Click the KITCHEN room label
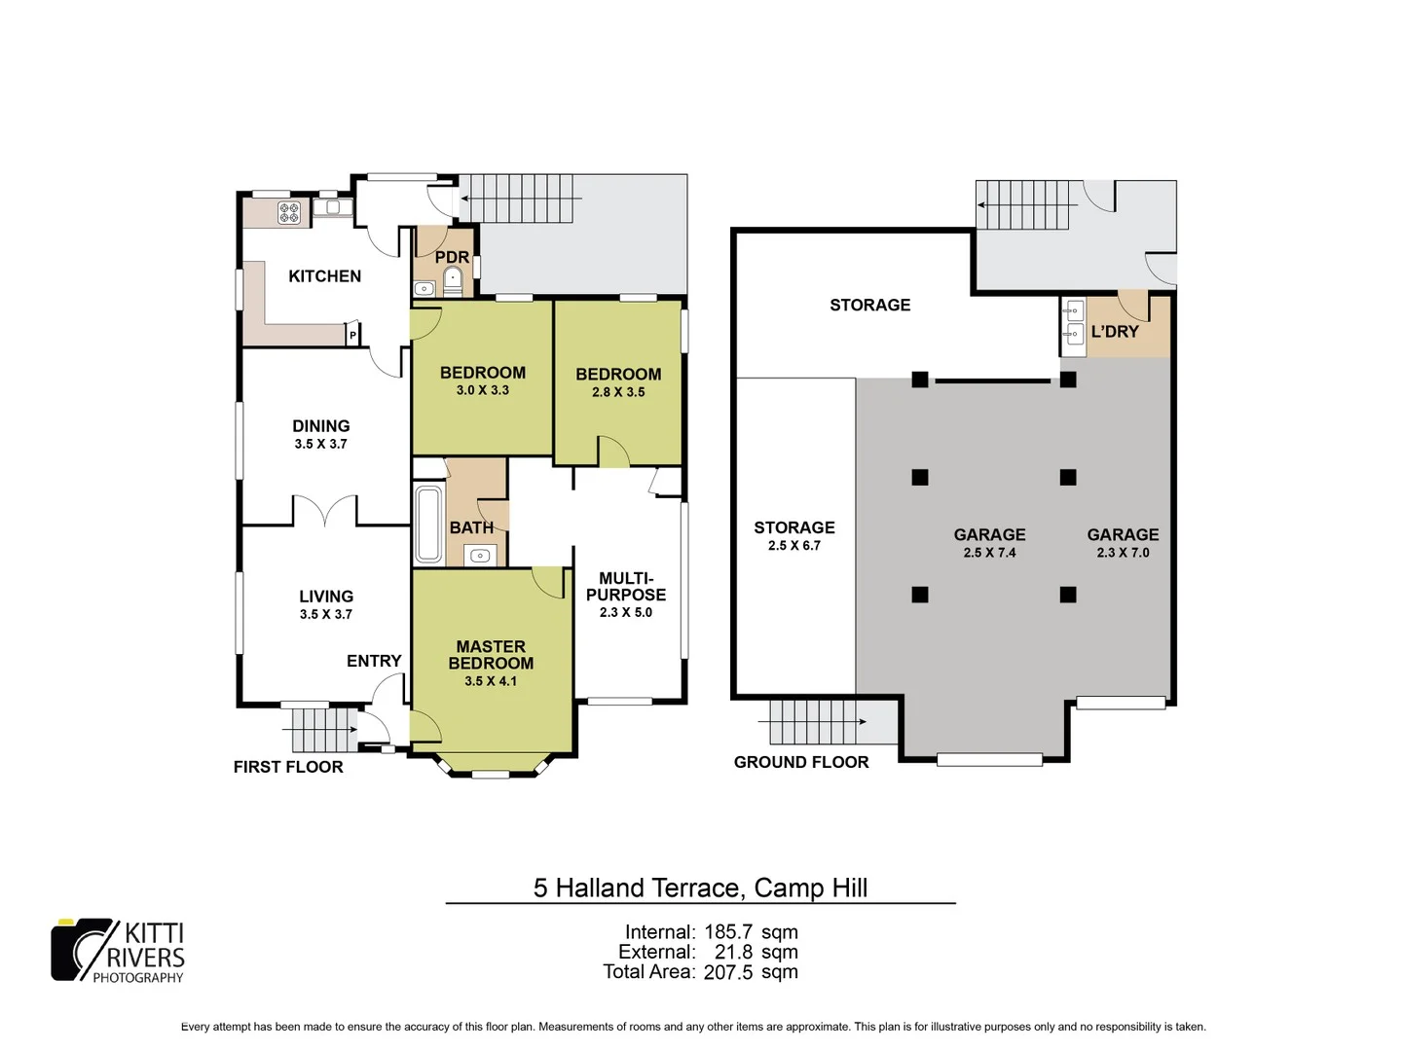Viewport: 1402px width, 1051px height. point(324,276)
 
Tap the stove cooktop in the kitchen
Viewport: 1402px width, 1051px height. point(289,212)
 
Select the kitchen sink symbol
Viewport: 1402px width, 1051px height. point(331,207)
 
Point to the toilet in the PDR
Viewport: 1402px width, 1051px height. point(453,281)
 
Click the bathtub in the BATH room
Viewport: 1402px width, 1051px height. point(428,525)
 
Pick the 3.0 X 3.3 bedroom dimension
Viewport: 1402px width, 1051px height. point(482,390)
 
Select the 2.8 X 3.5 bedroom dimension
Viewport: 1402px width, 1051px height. point(618,392)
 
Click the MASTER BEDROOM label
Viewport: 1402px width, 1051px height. point(491,655)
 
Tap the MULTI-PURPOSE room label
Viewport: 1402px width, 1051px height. point(626,586)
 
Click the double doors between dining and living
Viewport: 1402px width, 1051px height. point(324,512)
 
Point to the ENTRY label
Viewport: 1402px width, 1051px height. point(374,661)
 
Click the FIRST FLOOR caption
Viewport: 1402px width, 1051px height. point(288,767)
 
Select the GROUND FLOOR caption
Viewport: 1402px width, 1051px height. point(801,762)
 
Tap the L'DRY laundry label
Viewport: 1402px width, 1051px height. point(1115,332)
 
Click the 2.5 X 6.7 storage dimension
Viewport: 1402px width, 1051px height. point(794,546)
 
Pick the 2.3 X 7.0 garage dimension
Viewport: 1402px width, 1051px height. point(1123,553)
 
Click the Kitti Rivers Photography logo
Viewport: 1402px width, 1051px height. point(118,951)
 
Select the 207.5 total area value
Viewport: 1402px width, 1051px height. point(728,972)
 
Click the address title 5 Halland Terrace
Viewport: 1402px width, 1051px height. point(700,888)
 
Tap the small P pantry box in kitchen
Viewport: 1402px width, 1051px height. point(352,336)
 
